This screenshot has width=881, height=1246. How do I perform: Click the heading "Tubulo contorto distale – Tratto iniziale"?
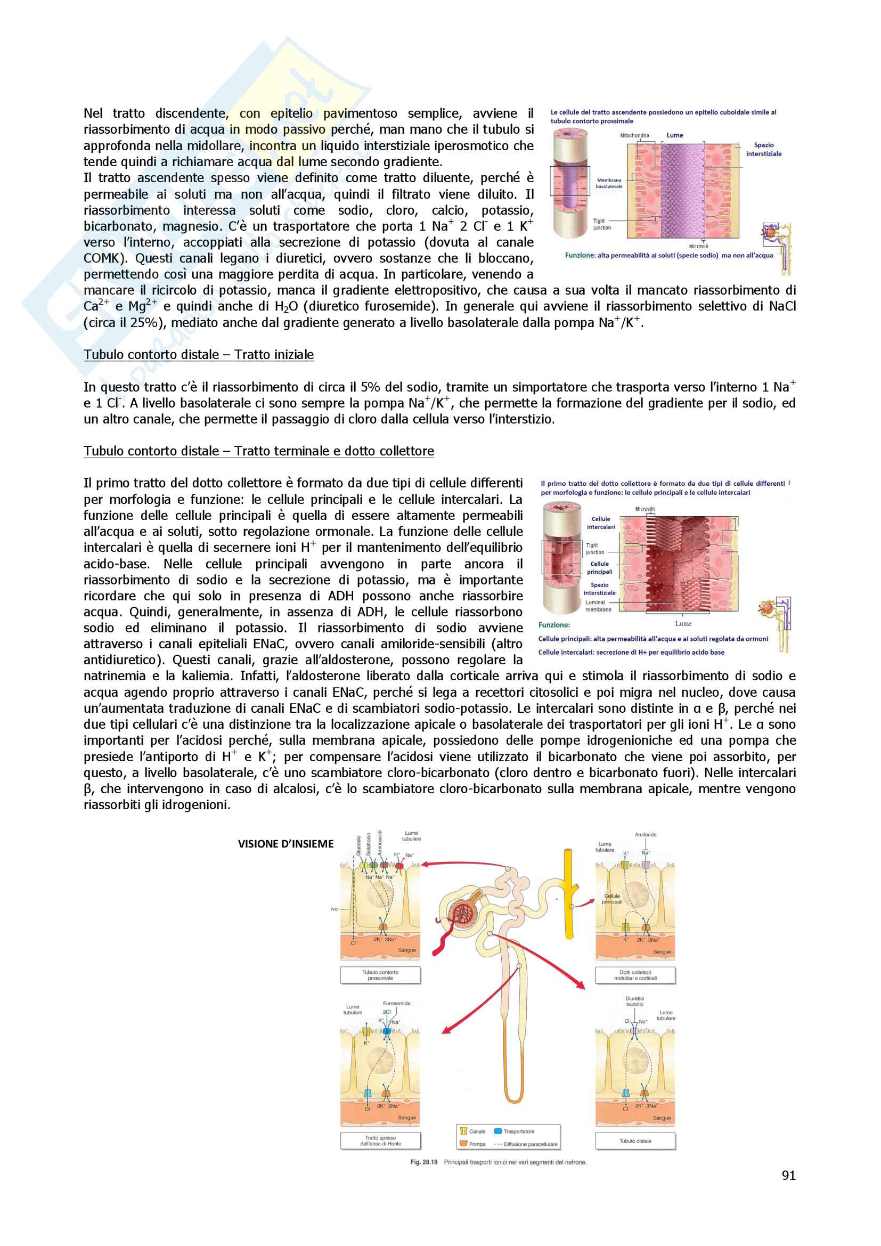point(199,354)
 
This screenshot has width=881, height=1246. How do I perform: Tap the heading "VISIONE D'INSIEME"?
point(285,843)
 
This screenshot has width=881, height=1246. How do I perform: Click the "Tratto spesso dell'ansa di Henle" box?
point(380,1141)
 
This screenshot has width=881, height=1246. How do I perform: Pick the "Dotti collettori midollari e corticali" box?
point(635,975)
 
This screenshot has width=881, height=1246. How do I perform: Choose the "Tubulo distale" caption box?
point(635,1141)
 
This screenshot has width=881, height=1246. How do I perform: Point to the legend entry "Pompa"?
point(477,1144)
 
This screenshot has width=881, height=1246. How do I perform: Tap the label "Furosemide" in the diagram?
point(397,1004)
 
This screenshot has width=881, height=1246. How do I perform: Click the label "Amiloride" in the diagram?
point(646,835)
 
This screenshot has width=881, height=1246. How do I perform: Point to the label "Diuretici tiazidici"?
point(635,1001)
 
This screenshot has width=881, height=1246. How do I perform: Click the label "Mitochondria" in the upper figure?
point(634,135)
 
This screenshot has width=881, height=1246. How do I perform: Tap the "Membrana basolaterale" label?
point(609,183)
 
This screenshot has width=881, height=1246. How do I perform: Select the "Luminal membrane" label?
point(597,606)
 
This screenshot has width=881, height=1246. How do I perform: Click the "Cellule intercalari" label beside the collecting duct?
point(600,523)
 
